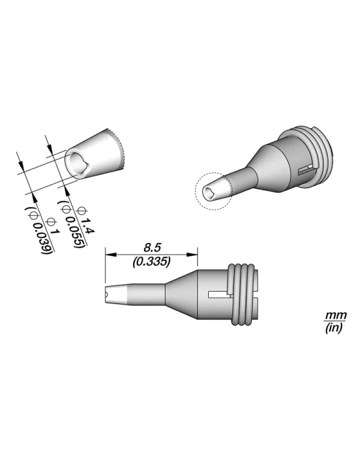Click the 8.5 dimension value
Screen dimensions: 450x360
[x=151, y=246]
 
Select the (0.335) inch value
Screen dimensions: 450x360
[x=151, y=262]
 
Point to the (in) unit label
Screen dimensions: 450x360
[x=331, y=327]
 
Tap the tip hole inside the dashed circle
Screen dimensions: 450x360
[x=209, y=192]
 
